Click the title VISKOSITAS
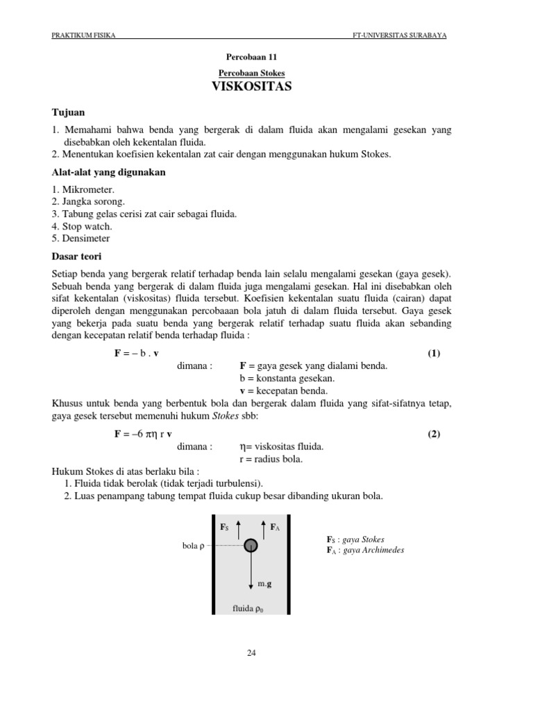coord(251,87)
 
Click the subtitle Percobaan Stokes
coord(251,73)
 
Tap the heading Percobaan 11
coord(251,57)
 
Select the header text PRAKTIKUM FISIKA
coord(84,35)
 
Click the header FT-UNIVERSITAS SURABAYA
coord(405,35)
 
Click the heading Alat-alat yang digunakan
coord(108,172)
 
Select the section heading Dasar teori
coord(77,256)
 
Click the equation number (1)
coord(434,353)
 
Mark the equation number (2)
coord(434,434)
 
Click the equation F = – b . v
coord(137,353)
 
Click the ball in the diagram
coord(251,546)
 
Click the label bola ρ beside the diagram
coord(192,546)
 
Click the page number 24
coord(251,652)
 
